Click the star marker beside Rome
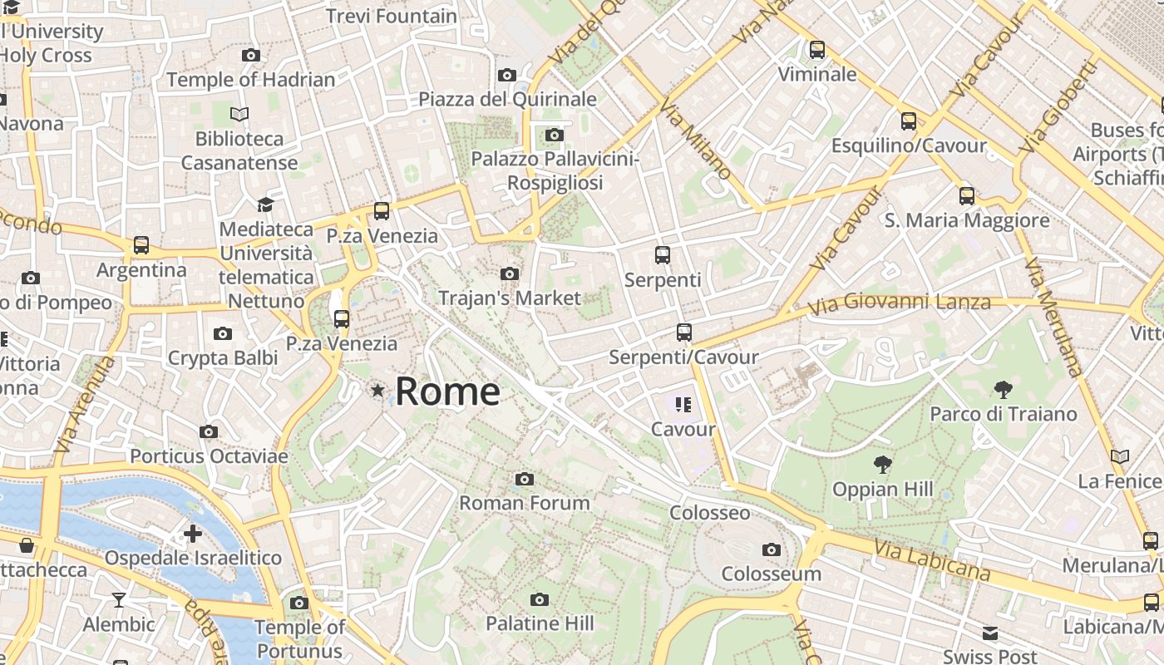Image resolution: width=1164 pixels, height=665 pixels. (378, 390)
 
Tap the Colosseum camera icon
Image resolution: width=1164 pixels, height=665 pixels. (772, 549)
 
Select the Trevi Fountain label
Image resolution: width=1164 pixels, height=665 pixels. (392, 16)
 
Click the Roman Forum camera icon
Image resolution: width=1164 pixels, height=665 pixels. (524, 479)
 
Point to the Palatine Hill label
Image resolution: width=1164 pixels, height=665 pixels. (540, 623)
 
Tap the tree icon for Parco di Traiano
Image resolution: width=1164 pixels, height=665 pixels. (1003, 389)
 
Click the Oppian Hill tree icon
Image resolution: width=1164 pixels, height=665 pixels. (883, 465)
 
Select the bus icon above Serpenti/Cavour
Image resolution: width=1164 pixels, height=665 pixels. (684, 332)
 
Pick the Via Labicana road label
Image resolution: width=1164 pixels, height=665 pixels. (932, 559)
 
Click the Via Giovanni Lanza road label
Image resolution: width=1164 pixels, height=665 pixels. (899, 303)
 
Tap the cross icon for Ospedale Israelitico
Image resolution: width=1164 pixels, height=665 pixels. (193, 533)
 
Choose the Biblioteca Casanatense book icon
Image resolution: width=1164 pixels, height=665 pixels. (239, 114)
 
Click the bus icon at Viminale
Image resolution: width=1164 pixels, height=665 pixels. (817, 50)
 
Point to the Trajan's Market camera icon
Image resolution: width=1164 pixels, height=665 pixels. (510, 273)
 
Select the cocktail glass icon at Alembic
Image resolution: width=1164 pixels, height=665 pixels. (119, 599)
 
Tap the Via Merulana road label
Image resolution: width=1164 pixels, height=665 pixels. (1053, 317)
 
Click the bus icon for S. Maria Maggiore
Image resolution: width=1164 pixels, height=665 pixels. (966, 196)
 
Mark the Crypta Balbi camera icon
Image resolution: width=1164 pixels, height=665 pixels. (223, 334)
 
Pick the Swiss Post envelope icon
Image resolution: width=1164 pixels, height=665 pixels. (989, 633)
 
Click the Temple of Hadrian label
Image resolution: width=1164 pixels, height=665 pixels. (251, 80)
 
